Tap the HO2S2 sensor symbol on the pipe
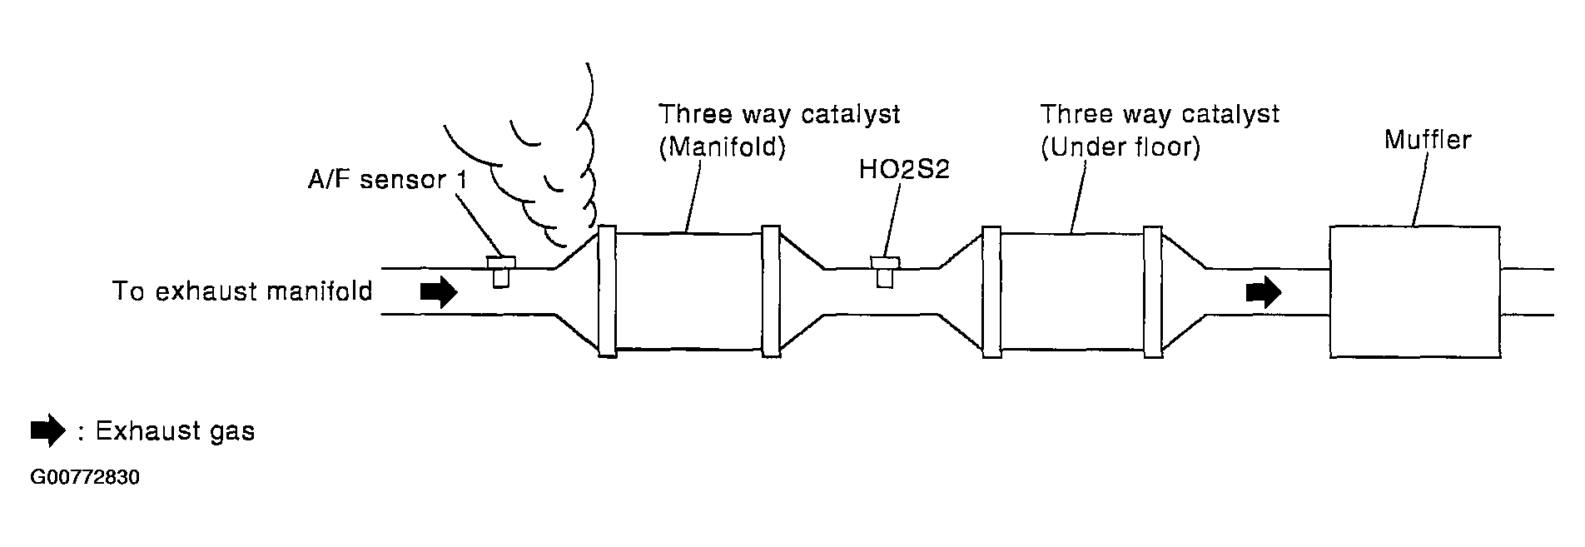coord(884,271)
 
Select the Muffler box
coord(1414,291)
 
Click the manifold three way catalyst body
coord(688,291)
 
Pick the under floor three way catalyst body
coord(1072,291)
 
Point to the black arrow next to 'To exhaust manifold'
coord(439,291)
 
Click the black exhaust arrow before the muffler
coord(1263,292)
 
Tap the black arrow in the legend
coord(47,430)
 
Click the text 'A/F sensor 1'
coord(387,180)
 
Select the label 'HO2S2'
coord(904,170)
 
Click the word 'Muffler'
coord(1427,139)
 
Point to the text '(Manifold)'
coord(722,148)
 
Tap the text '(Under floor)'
coord(1120,148)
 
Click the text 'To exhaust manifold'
coord(242,291)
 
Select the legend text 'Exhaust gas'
coord(175,431)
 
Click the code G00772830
coord(84,478)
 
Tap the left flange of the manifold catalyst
coord(607,291)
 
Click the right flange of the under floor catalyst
coord(1152,291)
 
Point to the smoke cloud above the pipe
coord(541,167)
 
